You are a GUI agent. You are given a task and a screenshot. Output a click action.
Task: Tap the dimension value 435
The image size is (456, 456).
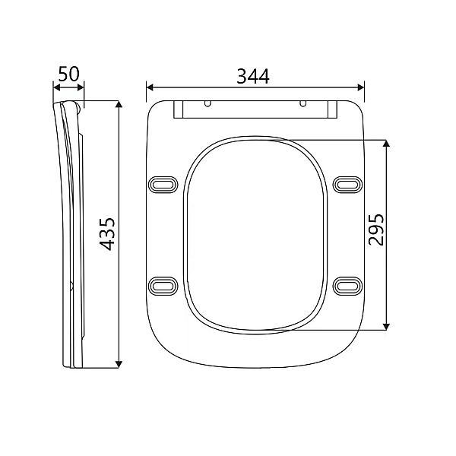point(107,233)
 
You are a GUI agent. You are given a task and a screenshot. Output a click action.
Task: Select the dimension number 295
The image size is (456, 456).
point(376,229)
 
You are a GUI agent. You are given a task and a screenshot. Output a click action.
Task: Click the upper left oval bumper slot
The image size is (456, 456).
point(163,184)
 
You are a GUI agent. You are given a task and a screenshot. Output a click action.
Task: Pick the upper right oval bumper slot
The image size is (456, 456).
point(348,184)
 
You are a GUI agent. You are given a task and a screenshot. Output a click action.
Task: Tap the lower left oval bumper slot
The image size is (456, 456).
point(163,284)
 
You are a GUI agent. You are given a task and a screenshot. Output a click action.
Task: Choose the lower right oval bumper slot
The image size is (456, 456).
point(348,284)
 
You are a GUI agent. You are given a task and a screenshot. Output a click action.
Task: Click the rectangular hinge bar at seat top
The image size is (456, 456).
point(255,112)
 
